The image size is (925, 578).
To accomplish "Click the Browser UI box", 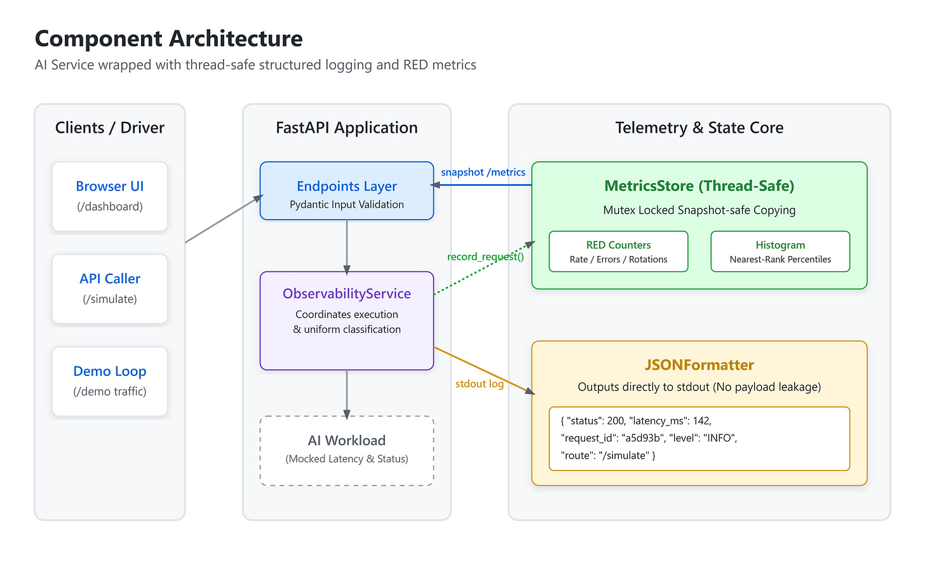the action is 110,196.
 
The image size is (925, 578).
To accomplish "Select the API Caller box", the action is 110,288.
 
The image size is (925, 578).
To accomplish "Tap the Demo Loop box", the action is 110,381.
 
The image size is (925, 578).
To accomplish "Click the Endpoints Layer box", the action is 347,191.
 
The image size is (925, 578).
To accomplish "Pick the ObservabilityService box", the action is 347,321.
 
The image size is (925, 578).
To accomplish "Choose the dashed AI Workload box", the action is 347,451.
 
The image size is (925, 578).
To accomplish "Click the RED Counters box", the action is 619,252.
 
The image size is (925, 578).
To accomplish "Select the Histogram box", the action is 780,252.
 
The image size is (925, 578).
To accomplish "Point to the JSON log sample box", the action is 699,438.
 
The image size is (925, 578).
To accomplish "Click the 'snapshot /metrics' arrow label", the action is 483,172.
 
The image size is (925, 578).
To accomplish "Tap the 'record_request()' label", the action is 485,257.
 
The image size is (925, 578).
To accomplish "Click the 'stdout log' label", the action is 480,384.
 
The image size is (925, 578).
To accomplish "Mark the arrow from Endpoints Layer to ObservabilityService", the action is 347,247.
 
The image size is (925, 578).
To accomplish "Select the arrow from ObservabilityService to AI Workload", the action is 347,394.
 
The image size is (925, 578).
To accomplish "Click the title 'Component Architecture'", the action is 168,38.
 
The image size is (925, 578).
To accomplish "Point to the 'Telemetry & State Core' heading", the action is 699,128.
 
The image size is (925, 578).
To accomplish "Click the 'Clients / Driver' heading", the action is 110,128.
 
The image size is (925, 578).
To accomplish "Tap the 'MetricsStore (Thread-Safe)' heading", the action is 699,185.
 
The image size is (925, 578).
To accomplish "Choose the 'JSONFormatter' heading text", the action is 699,365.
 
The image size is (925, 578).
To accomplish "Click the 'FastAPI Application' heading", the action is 347,128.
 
